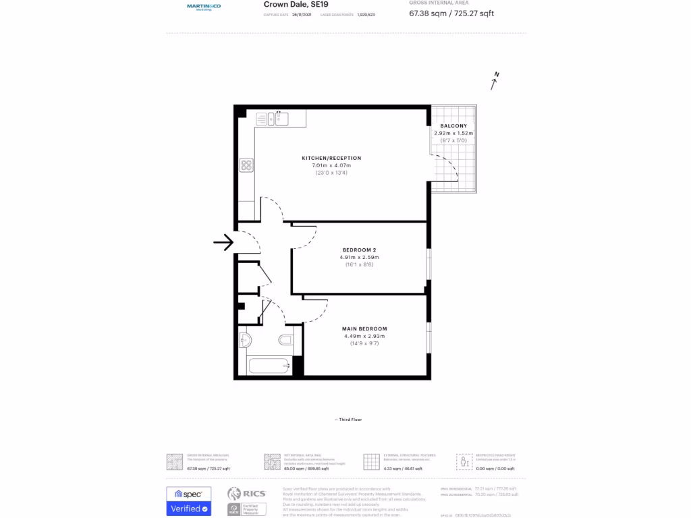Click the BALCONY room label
click(x=453, y=126)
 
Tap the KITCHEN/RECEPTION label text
click(x=331, y=158)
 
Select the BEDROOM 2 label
click(x=359, y=250)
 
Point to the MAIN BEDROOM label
click(x=364, y=328)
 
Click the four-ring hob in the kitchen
click(x=246, y=165)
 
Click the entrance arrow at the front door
click(x=223, y=242)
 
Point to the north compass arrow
click(x=495, y=82)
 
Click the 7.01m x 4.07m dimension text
click(x=331, y=165)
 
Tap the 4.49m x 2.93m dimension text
click(x=364, y=336)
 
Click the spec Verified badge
click(x=188, y=501)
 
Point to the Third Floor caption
click(x=348, y=420)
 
